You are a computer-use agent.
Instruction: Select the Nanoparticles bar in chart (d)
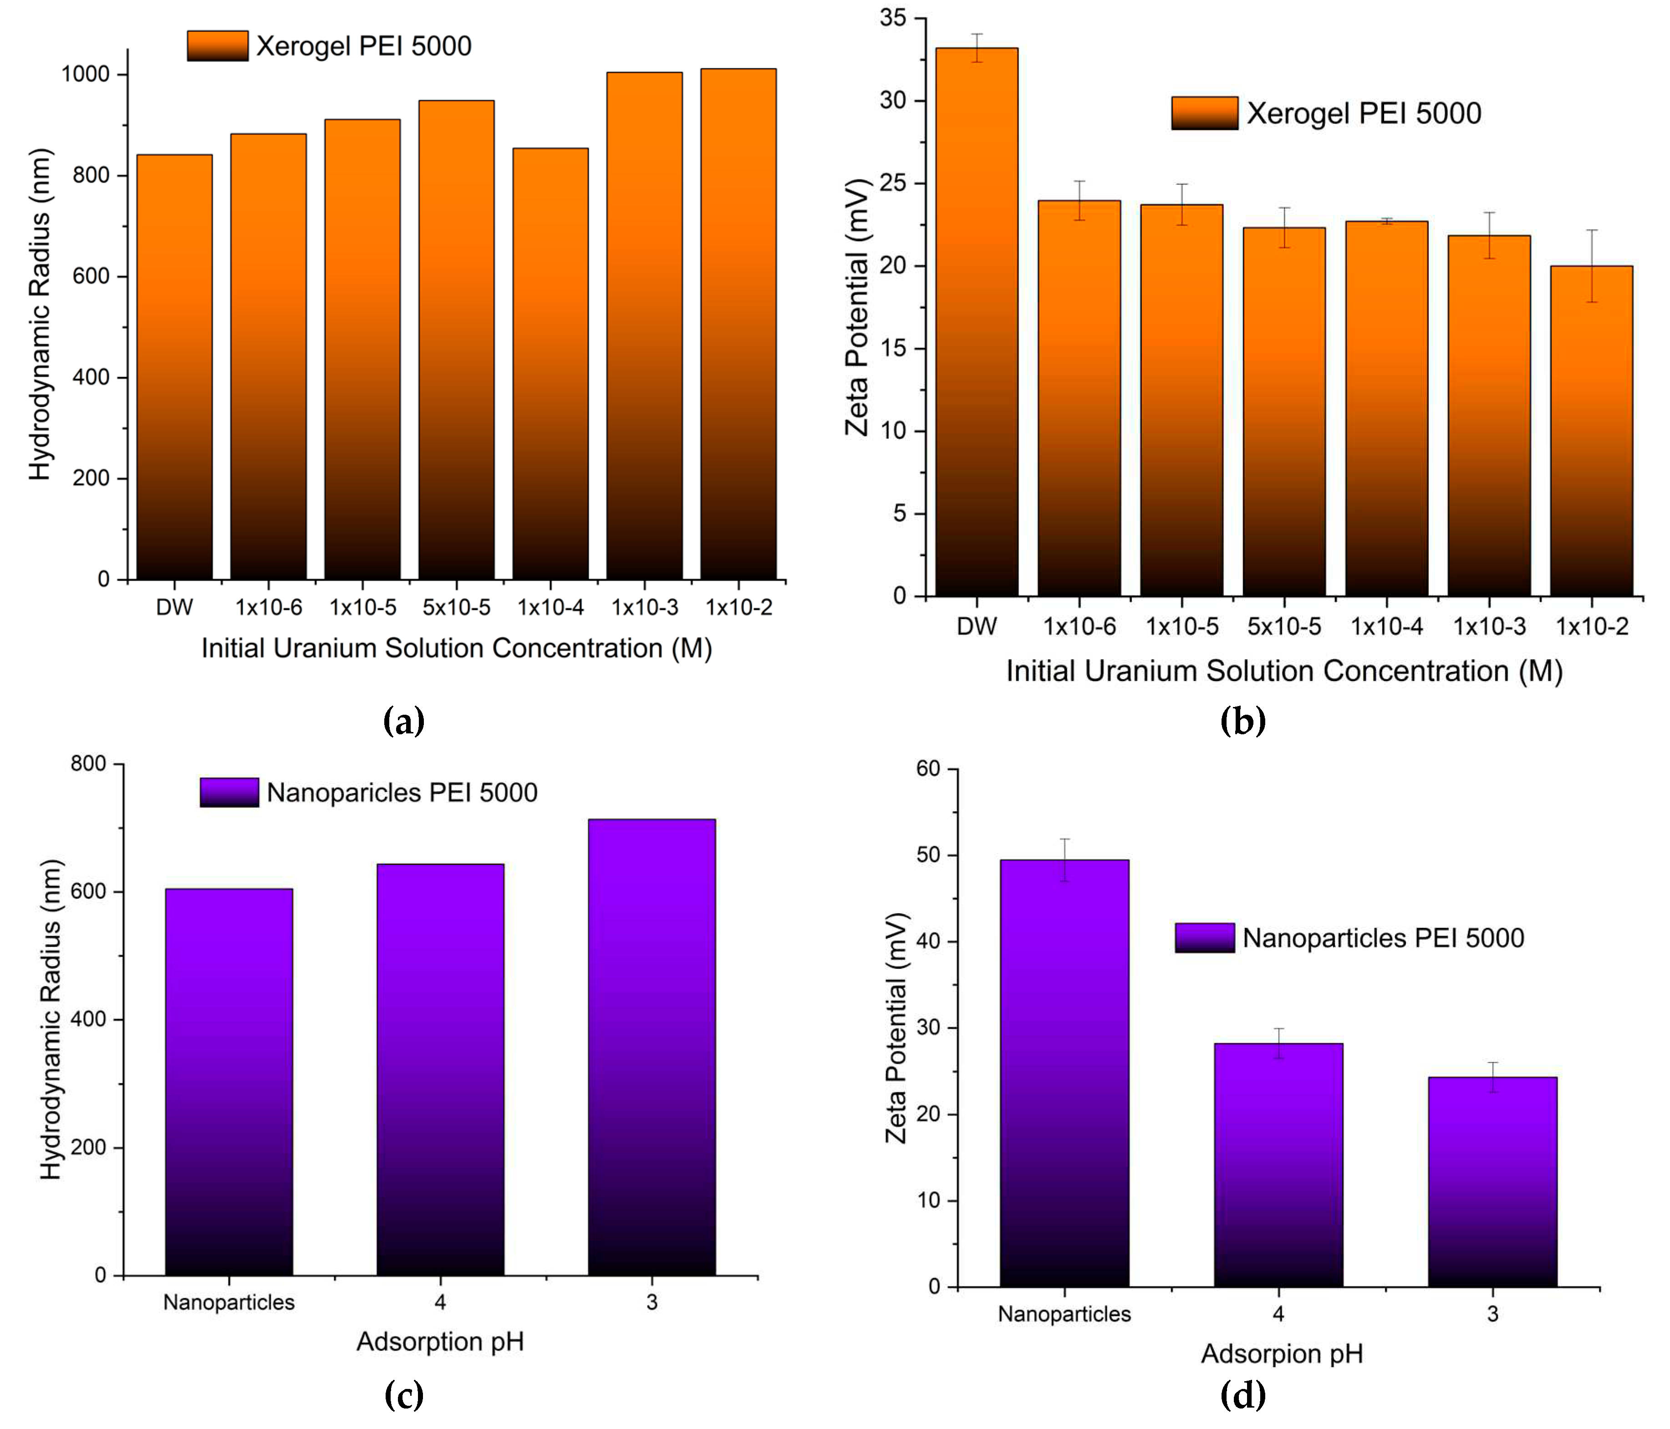point(1064,1073)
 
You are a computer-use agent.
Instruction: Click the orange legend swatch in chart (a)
point(218,46)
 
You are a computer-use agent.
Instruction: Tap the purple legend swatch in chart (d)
point(1204,937)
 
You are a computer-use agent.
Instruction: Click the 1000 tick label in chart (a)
point(86,74)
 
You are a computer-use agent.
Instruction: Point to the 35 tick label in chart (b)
point(893,18)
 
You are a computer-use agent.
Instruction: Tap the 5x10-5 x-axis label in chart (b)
point(1284,626)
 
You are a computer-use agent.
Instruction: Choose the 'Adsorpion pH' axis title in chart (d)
point(1282,1353)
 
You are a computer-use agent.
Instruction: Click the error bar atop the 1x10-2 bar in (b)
point(1591,266)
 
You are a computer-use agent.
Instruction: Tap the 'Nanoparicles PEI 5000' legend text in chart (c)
point(402,792)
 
